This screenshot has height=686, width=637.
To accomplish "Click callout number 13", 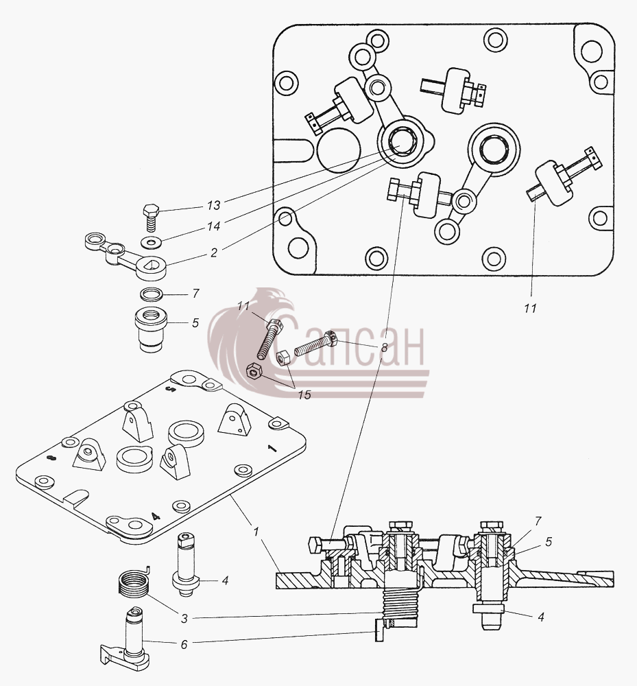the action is click(x=213, y=205).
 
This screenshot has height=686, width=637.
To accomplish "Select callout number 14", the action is click(x=213, y=226).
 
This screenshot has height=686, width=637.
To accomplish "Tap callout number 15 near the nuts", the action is click(x=304, y=394).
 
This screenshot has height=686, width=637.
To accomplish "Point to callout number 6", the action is click(x=184, y=644).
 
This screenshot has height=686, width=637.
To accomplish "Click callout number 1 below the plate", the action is click(x=256, y=532).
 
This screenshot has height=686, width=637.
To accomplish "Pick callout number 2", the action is click(x=213, y=252).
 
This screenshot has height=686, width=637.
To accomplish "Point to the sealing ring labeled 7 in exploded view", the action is click(x=152, y=294).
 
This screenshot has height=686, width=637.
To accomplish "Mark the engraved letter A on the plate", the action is click(x=156, y=517).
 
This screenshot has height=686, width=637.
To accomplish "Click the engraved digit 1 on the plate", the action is click(x=272, y=449).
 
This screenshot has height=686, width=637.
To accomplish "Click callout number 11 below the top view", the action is click(x=530, y=309).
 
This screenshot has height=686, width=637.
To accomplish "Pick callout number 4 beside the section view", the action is click(x=541, y=617).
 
